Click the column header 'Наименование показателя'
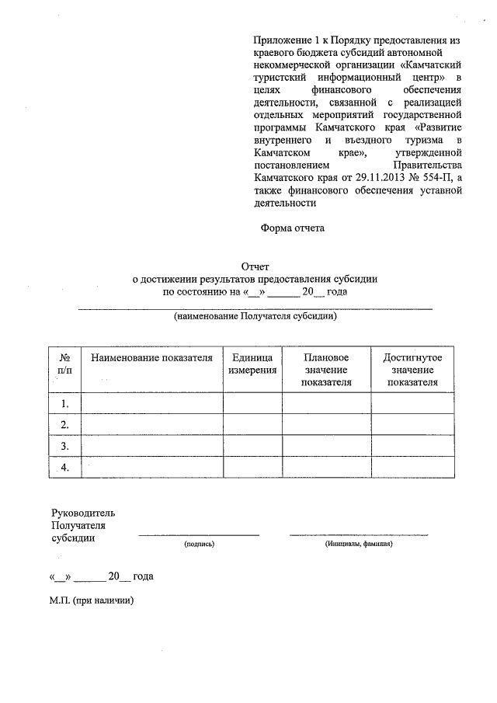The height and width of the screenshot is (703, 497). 151,357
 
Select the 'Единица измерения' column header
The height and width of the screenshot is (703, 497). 252,364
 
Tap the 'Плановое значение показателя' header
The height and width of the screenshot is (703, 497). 326,369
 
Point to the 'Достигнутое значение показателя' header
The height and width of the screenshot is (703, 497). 412,369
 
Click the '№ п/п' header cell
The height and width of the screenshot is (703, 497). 64,364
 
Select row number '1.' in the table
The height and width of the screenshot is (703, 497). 64,403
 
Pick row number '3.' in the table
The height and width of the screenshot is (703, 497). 64,446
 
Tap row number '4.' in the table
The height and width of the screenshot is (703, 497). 64,467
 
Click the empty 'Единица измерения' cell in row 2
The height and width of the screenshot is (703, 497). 252,424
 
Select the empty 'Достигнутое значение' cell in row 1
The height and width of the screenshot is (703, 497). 412,403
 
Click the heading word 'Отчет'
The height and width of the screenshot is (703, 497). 255,266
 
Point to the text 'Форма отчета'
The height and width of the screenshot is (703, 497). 291,228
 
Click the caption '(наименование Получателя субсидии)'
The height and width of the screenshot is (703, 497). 255,317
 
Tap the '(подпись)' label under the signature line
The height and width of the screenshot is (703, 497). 199,545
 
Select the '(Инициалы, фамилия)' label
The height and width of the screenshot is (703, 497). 359,545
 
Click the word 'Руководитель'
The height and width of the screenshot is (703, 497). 82,513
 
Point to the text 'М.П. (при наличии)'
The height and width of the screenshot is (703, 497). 92,600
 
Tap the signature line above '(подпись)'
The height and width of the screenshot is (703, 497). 199,534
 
